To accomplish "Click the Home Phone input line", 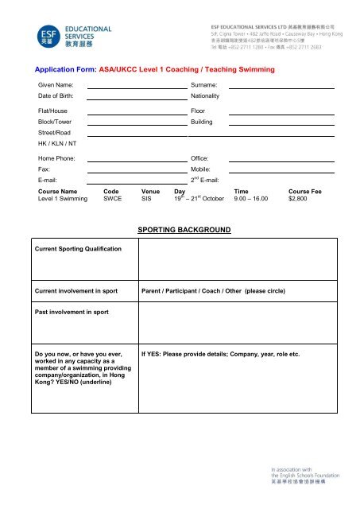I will pos(137,161).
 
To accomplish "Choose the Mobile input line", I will pos(281,173).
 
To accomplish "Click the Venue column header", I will pos(150,192).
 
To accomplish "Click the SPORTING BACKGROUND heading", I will pos(184,231).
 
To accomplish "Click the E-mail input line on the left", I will pos(137,183).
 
